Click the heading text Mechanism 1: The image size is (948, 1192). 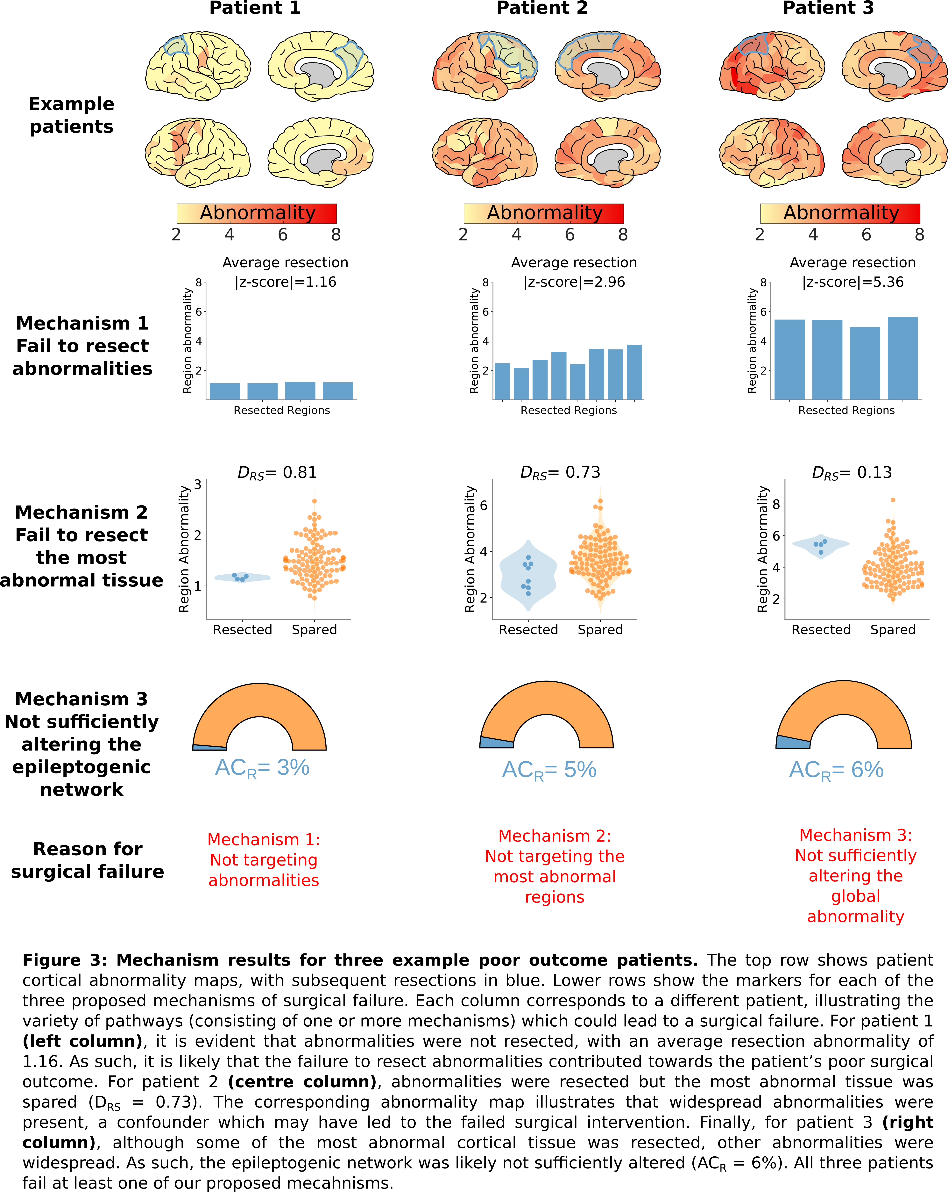pos(264,839)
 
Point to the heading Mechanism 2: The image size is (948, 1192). pos(555,835)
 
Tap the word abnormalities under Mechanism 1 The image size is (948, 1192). pos(264,880)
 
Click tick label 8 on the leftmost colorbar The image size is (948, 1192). pos(336,235)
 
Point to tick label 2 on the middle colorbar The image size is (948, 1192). pos(463,235)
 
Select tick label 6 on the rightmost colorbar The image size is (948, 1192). pos(866,235)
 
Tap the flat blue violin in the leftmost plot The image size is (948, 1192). pos(242,577)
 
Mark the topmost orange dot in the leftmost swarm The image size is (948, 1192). pos(315,501)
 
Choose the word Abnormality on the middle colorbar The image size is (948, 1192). pos(544,213)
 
